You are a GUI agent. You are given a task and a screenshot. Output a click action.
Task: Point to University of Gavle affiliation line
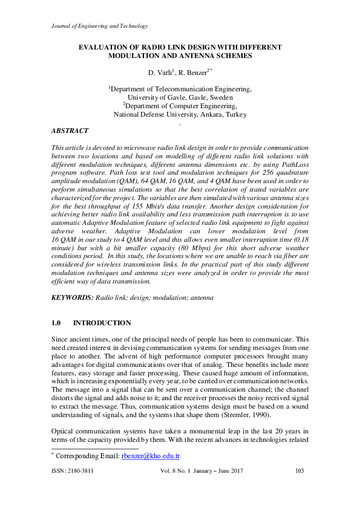tap(180, 97)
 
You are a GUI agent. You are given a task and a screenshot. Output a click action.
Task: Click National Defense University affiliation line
tap(180, 114)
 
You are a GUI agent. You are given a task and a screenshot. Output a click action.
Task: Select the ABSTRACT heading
tap(70, 131)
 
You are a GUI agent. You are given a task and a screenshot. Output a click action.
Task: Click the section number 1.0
tap(59, 323)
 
